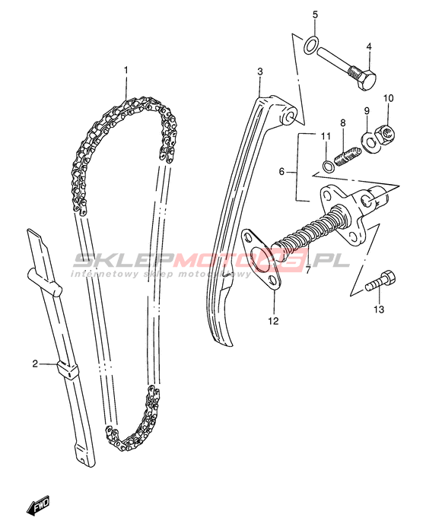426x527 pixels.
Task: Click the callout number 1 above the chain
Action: (126, 70)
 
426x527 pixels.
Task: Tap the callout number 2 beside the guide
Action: (35, 364)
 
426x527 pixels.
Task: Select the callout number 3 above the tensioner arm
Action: (260, 71)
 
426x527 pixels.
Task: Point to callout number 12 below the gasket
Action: (274, 321)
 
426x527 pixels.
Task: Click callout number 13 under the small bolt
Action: (379, 310)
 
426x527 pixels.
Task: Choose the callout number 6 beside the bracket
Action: (281, 172)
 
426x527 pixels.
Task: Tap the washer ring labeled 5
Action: (311, 45)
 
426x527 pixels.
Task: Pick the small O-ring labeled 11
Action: (328, 165)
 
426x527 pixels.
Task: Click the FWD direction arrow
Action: (38, 505)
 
